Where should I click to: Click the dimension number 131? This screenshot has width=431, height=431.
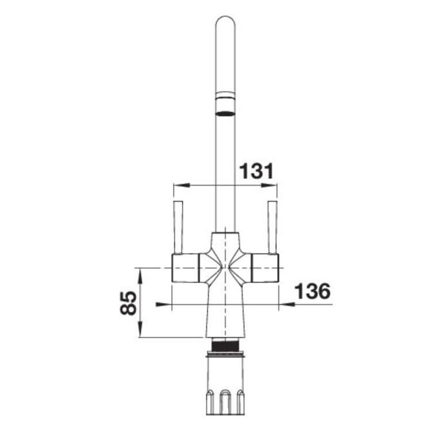pos(256,171)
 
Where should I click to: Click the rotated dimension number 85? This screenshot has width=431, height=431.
pos(130,302)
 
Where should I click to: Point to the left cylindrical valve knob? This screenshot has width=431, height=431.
pos(186,268)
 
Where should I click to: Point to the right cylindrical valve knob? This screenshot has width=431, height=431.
pos(265,268)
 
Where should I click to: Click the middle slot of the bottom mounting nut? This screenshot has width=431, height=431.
pos(225,399)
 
